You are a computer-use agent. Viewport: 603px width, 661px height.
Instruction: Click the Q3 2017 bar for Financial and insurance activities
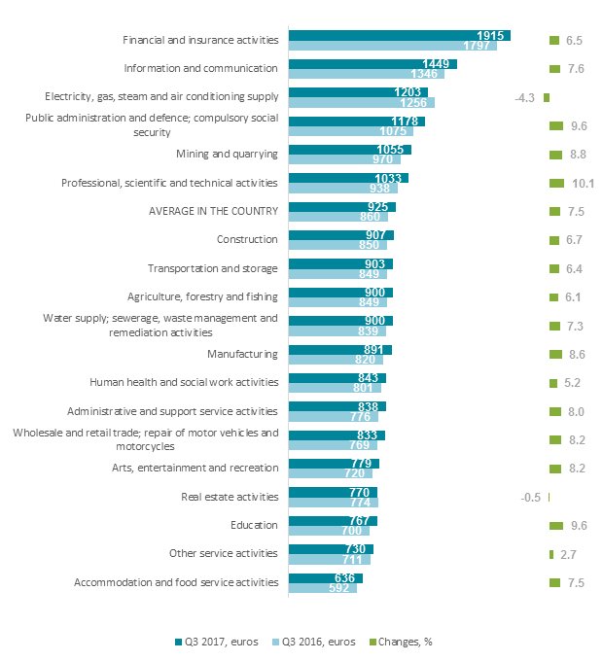tap(400, 35)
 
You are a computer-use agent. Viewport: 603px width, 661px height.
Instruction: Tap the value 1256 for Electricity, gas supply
tap(414, 102)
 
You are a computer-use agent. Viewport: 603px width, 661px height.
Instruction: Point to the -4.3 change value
tap(525, 97)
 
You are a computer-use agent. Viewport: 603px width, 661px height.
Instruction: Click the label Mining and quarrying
tap(227, 154)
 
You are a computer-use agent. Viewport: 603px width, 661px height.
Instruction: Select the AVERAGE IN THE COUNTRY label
tap(213, 211)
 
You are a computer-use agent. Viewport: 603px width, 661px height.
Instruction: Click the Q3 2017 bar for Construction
tap(341, 234)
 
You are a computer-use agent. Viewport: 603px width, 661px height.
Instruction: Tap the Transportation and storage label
tap(212, 268)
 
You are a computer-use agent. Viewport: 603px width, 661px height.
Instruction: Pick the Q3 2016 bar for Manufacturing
tap(337, 359)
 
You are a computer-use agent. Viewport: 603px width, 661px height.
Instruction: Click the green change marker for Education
tap(556, 525)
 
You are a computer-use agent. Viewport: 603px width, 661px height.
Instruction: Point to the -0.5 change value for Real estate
tap(531, 497)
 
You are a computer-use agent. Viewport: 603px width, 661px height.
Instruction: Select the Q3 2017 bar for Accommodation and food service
tap(326, 577)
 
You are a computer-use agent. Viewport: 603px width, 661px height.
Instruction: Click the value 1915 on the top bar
tap(491, 35)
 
